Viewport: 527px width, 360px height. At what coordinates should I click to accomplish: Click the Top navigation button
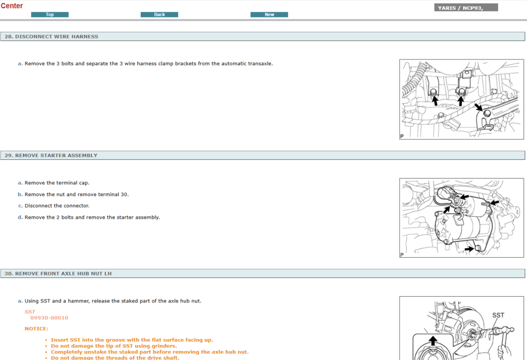coord(50,14)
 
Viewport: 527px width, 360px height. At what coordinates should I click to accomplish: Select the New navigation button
coord(269,14)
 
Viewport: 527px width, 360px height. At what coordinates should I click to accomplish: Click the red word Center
coord(12,6)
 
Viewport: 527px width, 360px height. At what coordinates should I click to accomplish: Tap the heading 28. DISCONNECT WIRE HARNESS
coord(52,37)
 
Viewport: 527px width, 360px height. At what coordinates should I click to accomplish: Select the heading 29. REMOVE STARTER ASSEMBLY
coord(51,155)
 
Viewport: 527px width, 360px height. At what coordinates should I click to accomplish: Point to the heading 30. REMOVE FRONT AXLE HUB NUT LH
coord(58,274)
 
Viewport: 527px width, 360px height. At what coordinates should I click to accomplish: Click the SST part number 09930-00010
coord(49,318)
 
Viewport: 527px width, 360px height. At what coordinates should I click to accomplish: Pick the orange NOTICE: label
coord(36,329)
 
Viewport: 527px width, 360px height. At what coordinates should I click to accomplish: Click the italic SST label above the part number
coord(30,312)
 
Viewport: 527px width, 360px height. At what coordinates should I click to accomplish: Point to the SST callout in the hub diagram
coord(498,315)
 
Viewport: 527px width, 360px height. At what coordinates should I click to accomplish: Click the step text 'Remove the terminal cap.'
coord(57,183)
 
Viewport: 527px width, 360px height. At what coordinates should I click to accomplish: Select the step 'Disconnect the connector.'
coord(57,206)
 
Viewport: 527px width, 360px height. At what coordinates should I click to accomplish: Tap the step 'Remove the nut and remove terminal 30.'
coord(76,194)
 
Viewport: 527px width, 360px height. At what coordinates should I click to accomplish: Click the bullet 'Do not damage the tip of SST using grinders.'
coord(114,346)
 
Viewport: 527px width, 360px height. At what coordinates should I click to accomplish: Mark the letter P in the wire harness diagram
coord(402,136)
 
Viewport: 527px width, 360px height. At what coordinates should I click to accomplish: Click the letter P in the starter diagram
coord(402,255)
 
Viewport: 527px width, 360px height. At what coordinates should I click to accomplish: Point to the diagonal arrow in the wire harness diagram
coord(479,107)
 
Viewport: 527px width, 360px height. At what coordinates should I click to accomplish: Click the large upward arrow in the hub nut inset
coord(433,340)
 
